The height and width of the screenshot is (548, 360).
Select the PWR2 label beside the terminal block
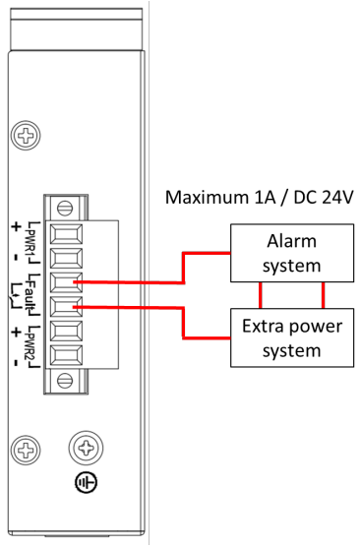coord(32,345)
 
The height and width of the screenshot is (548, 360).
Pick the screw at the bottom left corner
coord(26,451)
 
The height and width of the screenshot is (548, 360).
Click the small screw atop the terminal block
coord(65,207)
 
